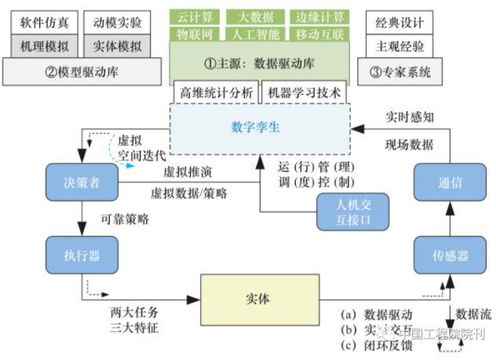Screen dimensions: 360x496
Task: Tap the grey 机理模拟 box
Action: [44, 46]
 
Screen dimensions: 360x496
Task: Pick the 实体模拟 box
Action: [107, 46]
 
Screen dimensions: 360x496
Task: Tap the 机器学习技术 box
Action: [304, 93]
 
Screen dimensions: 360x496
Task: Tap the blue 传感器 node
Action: [450, 255]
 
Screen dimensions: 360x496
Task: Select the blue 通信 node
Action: [450, 182]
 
